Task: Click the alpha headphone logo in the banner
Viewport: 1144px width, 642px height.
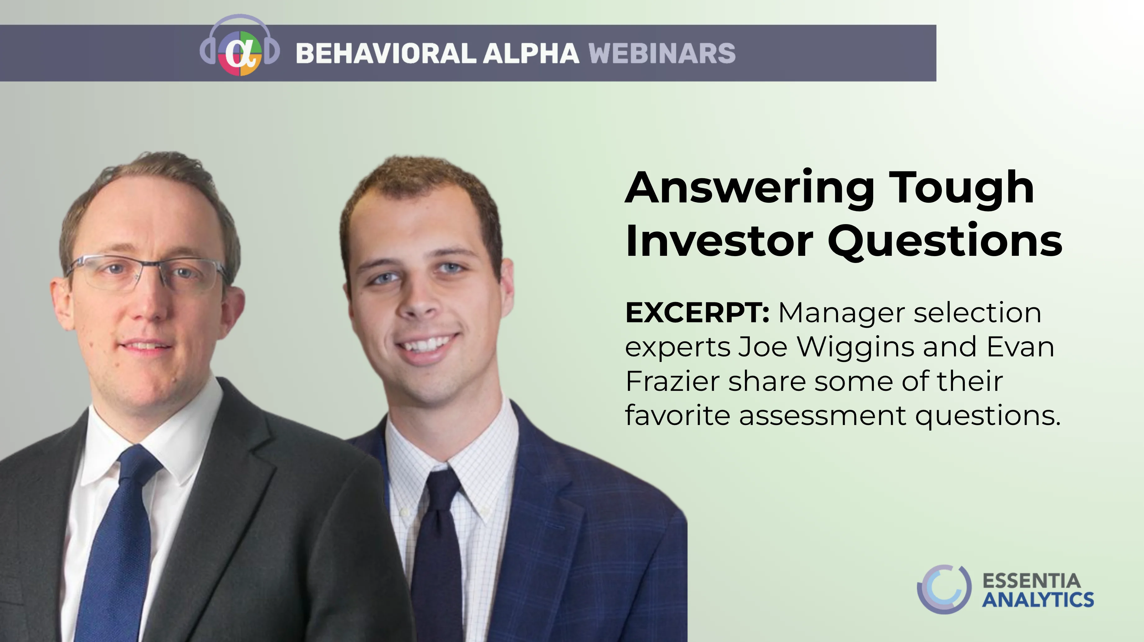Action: tap(240, 47)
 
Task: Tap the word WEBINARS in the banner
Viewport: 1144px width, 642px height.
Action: tap(662, 53)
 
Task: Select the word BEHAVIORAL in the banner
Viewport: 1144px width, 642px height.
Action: tap(385, 53)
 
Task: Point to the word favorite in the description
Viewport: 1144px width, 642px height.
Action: tap(678, 415)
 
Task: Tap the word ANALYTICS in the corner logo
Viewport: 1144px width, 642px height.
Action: tap(1038, 599)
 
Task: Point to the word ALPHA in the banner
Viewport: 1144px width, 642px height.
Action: tap(531, 53)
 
